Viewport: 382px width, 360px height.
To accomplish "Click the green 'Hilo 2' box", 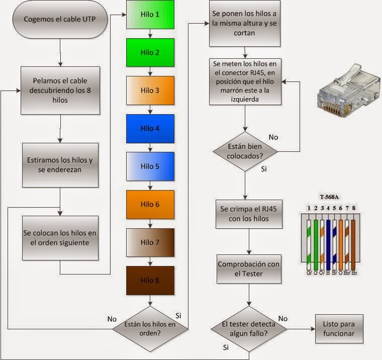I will tap(150, 52).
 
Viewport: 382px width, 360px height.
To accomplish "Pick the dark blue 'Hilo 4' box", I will tap(150, 128).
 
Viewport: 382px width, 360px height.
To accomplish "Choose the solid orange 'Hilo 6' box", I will tap(150, 204).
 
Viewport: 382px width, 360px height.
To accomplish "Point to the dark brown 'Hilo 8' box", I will tap(150, 280).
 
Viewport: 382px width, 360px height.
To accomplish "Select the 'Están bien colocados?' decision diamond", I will tap(244, 150).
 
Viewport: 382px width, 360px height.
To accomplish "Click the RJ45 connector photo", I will tap(346, 89).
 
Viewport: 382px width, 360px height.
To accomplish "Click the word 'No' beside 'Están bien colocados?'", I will tap(273, 137).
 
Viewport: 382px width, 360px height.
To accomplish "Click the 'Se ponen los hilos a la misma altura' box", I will tap(244, 24).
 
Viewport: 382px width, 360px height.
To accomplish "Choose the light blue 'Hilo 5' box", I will tap(150, 166).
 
